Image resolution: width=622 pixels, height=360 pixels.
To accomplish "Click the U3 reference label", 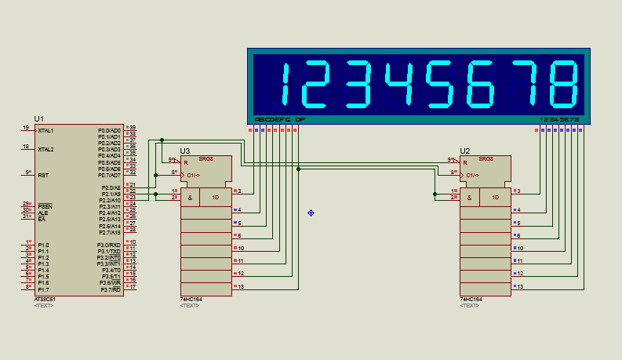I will [185, 151].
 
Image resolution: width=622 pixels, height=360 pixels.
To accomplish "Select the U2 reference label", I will [465, 151].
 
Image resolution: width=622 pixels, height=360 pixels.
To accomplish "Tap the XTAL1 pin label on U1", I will [45, 130].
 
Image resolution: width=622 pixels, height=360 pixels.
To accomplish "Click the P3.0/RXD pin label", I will [109, 245].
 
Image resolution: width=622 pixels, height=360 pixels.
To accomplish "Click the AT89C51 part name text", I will [45, 299].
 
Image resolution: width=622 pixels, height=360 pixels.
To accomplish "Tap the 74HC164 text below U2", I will [471, 299].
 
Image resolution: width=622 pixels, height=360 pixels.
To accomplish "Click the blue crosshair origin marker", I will [311, 213].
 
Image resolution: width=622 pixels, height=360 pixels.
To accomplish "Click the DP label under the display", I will [300, 119].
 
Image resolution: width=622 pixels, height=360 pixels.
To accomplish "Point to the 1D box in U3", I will [216, 197].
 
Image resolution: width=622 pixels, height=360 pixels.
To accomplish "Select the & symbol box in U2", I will [469, 197].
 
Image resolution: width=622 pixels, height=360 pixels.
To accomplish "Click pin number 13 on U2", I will [519, 286].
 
